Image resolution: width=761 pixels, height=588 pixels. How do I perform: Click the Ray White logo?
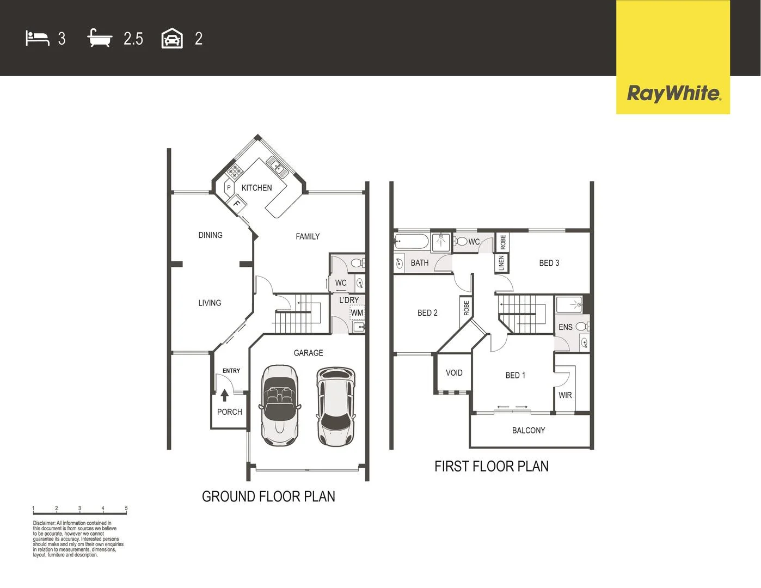point(673,94)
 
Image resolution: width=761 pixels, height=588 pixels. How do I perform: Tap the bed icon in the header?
point(37,38)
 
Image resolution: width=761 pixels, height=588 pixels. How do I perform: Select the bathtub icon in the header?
point(100,39)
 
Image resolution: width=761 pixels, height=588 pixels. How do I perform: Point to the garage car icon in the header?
point(172,39)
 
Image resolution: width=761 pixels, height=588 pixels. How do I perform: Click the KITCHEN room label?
point(256,188)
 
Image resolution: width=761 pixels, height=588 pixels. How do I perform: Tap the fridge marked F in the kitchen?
point(237,204)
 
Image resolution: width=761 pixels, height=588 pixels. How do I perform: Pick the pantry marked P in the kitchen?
point(229,188)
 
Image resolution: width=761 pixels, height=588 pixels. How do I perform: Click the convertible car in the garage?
point(280,405)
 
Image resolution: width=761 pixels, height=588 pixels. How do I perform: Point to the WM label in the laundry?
point(357,313)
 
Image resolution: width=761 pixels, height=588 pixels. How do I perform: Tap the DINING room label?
point(210,235)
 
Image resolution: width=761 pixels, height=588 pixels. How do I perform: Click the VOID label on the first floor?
point(454,373)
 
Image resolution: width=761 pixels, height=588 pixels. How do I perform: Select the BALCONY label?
point(528,431)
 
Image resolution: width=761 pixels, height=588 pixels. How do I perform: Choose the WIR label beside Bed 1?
point(565,395)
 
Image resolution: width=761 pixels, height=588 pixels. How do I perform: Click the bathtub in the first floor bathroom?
point(412,241)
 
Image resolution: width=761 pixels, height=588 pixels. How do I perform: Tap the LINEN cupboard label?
point(501,263)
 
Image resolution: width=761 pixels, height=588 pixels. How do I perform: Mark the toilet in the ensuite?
point(582,327)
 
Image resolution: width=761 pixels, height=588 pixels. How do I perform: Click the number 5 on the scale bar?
point(126,509)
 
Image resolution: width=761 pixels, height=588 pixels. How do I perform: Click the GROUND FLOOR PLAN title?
point(268,497)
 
